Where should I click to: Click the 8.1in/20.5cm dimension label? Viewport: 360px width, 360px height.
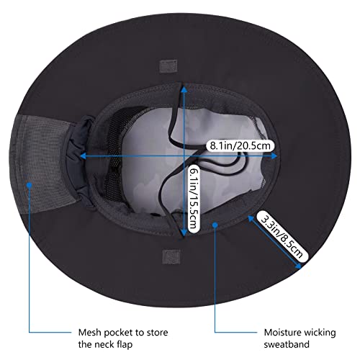tap(240, 145)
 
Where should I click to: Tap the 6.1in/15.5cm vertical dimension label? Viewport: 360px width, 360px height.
tap(194, 199)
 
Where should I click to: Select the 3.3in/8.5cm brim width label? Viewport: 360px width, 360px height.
tap(282, 237)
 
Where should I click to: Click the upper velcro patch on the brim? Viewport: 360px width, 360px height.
tap(168, 66)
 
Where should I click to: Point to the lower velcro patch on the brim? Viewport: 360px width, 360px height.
tap(171, 257)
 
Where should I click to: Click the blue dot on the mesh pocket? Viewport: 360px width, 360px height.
tap(30, 185)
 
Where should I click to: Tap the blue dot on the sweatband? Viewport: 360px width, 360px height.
tap(215, 225)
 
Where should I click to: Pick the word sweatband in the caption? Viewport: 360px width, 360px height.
tap(287, 344)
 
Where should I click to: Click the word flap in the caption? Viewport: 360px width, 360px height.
tap(125, 345)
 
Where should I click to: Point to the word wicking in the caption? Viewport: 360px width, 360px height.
tap(318, 333)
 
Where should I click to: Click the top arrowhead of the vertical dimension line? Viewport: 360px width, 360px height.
tap(184, 89)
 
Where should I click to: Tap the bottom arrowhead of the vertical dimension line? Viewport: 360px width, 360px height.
tap(184, 233)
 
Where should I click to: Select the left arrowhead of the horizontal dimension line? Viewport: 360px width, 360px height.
tap(83, 156)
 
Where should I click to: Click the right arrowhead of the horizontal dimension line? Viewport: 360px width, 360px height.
tap(274, 156)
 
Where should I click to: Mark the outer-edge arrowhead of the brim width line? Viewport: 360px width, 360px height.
tap(299, 266)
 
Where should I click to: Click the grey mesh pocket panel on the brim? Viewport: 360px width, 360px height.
tap(41, 164)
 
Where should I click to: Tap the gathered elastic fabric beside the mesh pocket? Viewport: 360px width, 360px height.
tap(78, 158)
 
